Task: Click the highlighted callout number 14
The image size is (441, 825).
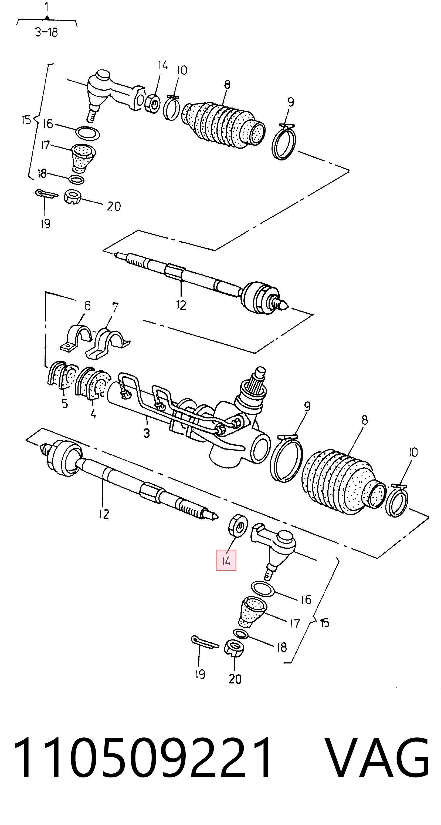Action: [226, 561]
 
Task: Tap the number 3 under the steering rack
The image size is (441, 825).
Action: [146, 433]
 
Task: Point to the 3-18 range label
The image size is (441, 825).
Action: [46, 32]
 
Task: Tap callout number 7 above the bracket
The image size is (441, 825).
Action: [115, 307]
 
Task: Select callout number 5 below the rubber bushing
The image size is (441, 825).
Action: [65, 403]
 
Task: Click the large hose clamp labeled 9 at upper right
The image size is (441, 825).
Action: [284, 142]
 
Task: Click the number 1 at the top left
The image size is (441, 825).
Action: [47, 7]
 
